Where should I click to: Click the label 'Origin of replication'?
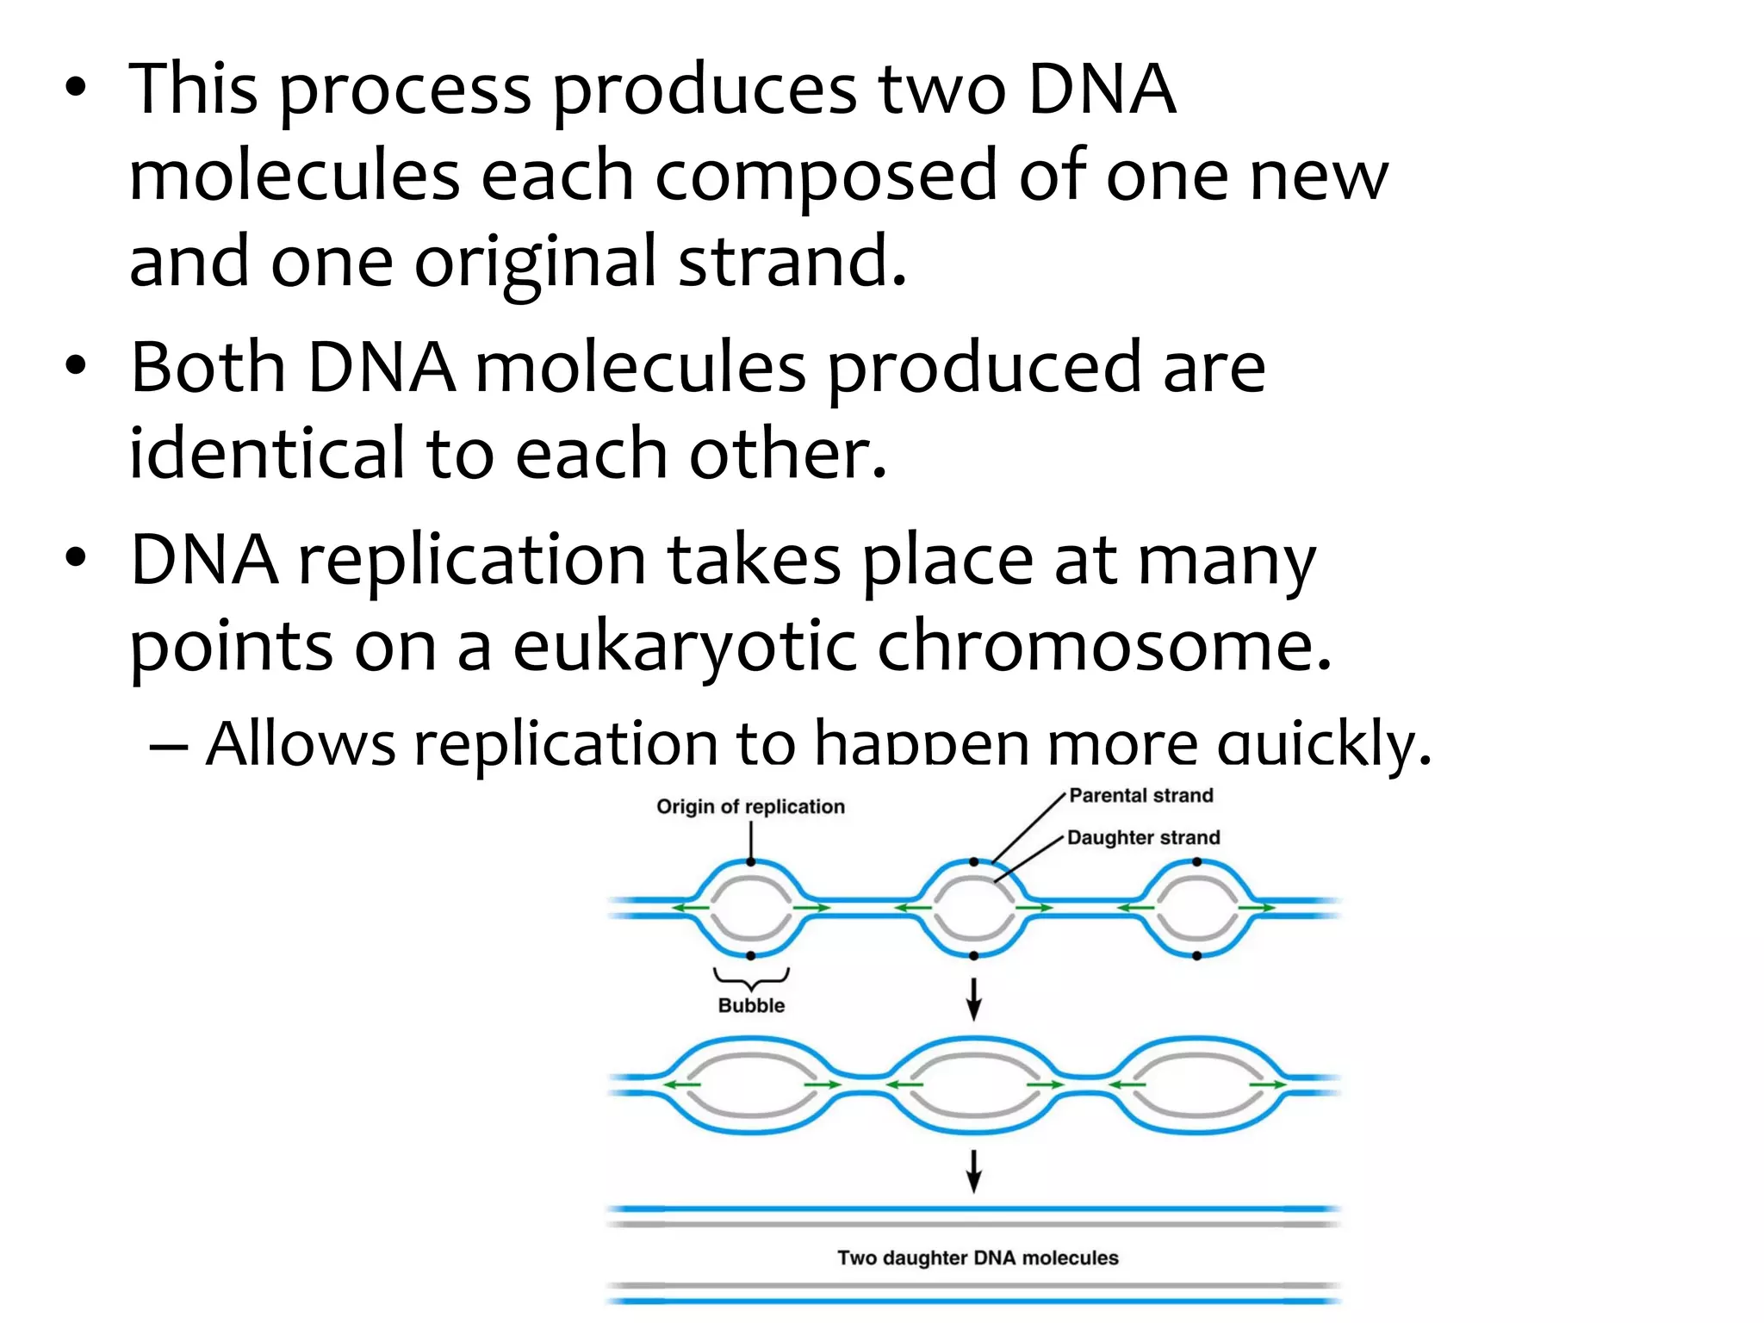point(750,807)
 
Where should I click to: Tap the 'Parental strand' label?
point(1140,796)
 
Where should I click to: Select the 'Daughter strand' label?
point(1143,838)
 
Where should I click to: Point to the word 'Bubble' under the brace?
point(751,1006)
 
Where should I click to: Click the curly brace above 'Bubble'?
point(751,978)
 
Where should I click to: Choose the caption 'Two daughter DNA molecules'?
point(978,1258)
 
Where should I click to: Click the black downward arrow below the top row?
point(973,999)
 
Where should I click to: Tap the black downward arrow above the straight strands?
point(973,1171)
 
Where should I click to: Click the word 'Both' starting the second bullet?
point(208,368)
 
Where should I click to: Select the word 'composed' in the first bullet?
point(826,176)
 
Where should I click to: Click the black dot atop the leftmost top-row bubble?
point(751,862)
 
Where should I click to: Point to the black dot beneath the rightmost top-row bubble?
point(1197,956)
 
